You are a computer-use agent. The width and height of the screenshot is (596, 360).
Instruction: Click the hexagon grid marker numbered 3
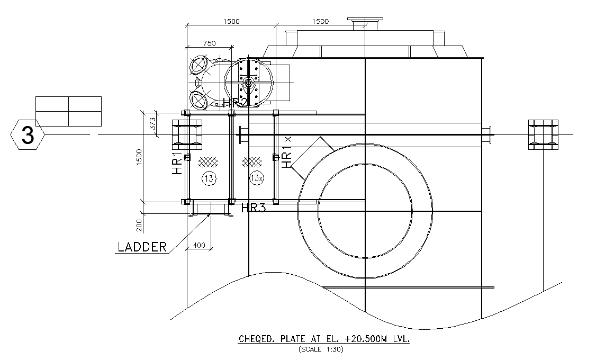(27, 136)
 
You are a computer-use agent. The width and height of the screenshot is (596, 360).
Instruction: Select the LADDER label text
(142, 247)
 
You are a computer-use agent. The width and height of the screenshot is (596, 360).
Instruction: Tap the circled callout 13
(209, 178)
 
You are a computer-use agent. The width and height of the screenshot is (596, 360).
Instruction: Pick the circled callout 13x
(256, 178)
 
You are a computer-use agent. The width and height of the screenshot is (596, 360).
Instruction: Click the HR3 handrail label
(253, 208)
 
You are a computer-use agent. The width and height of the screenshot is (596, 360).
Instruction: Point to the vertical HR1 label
(177, 164)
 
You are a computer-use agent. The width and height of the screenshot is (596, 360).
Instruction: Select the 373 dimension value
(153, 124)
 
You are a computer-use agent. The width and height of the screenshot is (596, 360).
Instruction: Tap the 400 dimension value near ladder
(198, 245)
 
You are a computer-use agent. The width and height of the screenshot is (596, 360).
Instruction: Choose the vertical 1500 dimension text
(139, 157)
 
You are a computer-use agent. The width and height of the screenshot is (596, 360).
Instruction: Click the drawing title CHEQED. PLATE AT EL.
(324, 339)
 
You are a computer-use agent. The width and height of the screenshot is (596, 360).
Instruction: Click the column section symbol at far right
(543, 135)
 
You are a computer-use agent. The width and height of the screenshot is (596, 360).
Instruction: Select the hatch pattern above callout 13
(209, 160)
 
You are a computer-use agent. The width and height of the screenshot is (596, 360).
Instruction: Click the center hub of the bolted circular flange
(248, 82)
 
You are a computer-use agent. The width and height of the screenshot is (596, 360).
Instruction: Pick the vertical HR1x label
(286, 152)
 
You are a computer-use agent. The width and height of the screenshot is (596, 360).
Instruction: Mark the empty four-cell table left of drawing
(68, 111)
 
